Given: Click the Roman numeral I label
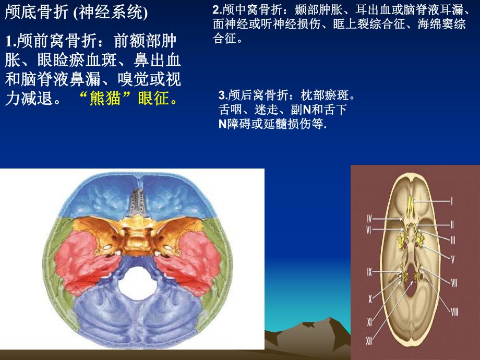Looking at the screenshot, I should coord(452,200).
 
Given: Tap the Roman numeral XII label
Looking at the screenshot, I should coord(369,341).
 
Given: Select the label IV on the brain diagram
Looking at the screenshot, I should coord(369,218).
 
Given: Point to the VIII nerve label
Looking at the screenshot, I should coord(454,312).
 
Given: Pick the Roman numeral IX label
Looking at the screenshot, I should coord(369,272).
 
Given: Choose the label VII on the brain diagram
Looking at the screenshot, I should coord(454,283).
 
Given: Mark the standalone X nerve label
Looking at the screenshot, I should coord(370,299).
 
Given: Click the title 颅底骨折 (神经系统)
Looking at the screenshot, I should coord(76,13).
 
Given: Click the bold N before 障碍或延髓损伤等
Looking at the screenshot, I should coord(222,124).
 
